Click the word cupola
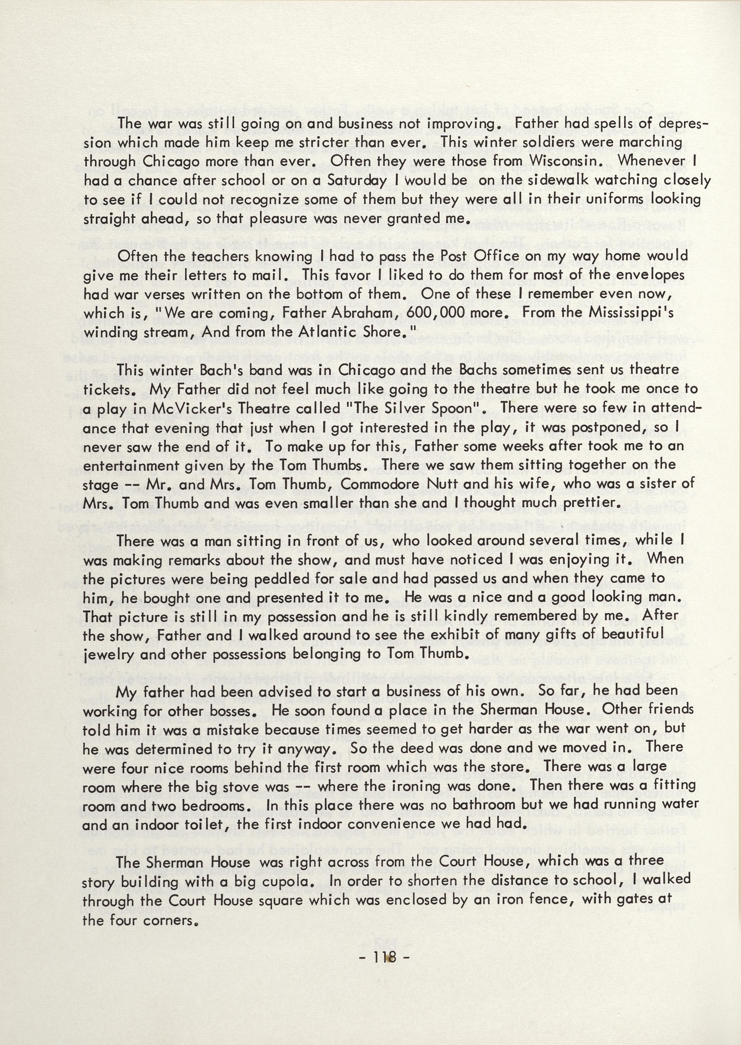[x=283, y=882]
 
